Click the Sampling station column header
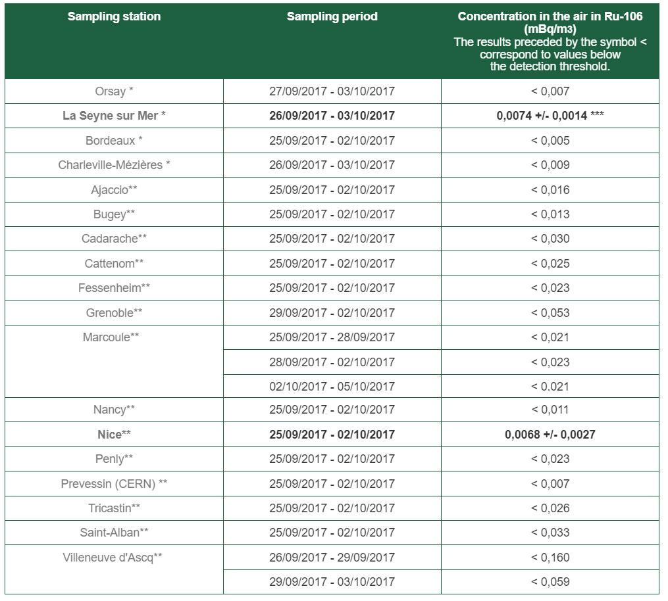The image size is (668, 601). [x=114, y=17]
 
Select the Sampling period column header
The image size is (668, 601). [x=332, y=17]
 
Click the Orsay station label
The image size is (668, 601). [x=114, y=91]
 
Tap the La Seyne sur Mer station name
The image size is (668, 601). [x=114, y=116]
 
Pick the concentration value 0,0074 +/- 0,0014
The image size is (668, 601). [x=550, y=116]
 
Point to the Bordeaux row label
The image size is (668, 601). [x=114, y=141]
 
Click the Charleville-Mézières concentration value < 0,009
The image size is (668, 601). [x=550, y=165]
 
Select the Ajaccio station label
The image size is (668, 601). [x=114, y=190]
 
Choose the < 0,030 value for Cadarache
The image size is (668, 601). [x=550, y=239]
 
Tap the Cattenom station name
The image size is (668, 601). [x=114, y=264]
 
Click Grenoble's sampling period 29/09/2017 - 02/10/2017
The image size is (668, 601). [x=332, y=313]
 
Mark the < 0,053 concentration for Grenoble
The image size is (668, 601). [x=550, y=313]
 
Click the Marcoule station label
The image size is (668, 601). [x=111, y=337]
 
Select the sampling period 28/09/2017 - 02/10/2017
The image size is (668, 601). [x=332, y=362]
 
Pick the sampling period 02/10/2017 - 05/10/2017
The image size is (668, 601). [x=332, y=387]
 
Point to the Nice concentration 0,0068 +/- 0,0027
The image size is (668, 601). [x=550, y=435]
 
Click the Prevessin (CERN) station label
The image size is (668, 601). [x=114, y=484]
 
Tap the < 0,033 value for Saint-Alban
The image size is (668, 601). [x=550, y=533]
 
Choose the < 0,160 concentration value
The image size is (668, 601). [x=550, y=558]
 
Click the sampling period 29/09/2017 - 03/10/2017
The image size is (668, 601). [x=332, y=582]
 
